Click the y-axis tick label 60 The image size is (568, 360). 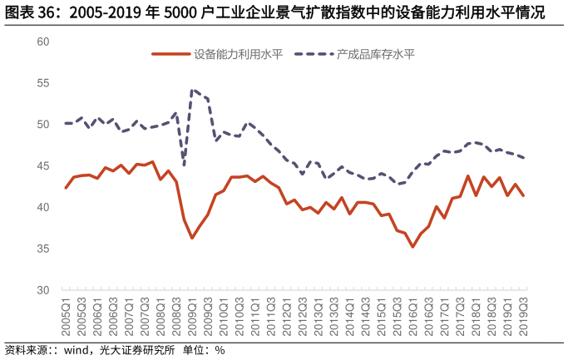click(43, 42)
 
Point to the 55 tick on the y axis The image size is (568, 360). click(43, 83)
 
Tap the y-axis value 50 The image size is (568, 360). click(43, 125)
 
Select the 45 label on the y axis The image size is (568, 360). click(43, 165)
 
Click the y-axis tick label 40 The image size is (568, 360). click(43, 207)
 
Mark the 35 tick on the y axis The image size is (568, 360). click(43, 249)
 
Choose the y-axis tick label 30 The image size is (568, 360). click(43, 290)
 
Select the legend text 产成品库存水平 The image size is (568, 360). click(376, 55)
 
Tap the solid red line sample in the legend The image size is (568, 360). click(170, 55)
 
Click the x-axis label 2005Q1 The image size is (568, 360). click(67, 316)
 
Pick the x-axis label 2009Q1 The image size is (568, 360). click(192, 316)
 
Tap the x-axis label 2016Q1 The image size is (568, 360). click(412, 316)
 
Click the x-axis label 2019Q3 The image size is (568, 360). click(523, 316)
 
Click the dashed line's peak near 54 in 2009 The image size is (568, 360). click(192, 90)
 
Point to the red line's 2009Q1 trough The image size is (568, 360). click(192, 239)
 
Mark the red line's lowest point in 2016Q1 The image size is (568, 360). click(412, 247)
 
